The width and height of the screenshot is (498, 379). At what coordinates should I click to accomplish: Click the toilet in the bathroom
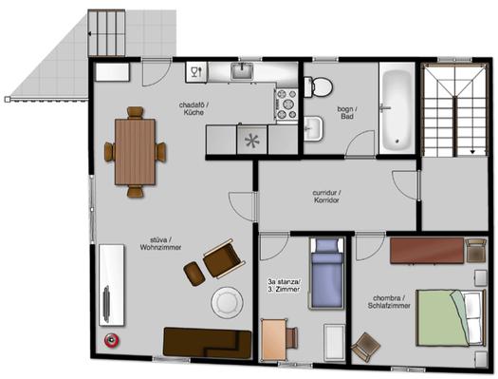[318, 86]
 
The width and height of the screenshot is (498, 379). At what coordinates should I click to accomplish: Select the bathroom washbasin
[313, 128]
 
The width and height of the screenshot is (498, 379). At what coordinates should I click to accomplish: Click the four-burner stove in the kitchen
[286, 104]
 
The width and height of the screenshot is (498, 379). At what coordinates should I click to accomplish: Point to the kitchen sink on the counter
[242, 71]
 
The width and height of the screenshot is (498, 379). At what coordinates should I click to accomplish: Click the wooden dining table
[135, 152]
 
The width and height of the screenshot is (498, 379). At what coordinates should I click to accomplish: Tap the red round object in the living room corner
[112, 340]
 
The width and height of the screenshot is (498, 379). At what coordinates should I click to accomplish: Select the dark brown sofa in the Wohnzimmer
[207, 342]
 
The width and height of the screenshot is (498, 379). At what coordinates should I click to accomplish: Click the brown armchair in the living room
[224, 258]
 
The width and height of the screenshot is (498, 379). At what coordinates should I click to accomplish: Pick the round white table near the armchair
[227, 302]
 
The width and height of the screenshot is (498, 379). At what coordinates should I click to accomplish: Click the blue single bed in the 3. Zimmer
[327, 273]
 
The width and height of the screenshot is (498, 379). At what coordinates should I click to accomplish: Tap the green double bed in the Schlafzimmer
[451, 317]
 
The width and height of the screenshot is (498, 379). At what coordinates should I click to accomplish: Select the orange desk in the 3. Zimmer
[273, 339]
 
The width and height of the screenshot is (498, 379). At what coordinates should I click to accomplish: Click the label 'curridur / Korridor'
[326, 197]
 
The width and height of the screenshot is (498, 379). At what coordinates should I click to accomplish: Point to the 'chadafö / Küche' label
[194, 108]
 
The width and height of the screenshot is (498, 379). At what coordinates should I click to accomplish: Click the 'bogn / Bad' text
[347, 113]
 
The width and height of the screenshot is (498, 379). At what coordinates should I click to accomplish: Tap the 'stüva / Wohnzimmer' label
[160, 243]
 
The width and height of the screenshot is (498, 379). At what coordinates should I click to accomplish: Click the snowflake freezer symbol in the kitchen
[252, 141]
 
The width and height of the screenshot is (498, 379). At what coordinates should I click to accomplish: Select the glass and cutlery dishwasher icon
[196, 72]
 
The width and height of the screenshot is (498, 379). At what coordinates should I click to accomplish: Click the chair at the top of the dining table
[136, 113]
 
